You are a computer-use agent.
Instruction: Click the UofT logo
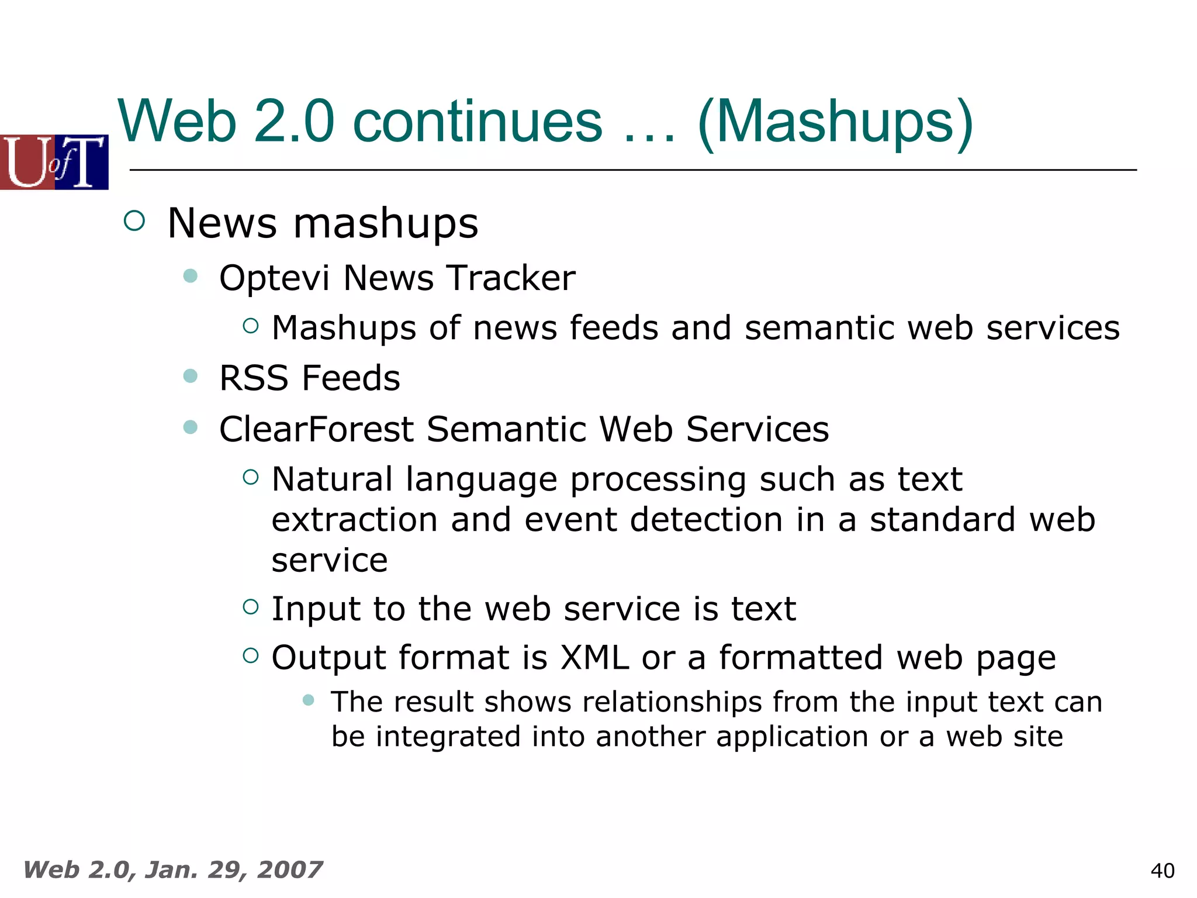(x=54, y=162)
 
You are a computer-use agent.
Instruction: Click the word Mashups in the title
(x=836, y=121)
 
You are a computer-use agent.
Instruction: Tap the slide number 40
(x=1162, y=871)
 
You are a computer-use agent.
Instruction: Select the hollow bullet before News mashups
(x=134, y=221)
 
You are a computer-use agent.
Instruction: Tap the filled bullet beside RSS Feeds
(x=190, y=375)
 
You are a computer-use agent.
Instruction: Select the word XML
(x=594, y=657)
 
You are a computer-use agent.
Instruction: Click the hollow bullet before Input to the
(x=251, y=607)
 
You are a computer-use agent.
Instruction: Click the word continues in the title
(x=478, y=121)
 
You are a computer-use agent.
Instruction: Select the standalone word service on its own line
(x=330, y=560)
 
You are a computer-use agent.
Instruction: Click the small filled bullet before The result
(x=309, y=700)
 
